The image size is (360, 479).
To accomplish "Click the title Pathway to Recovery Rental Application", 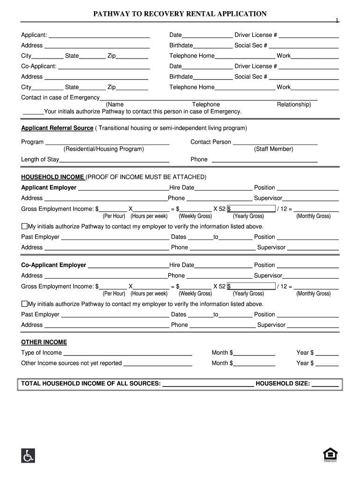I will (x=180, y=14).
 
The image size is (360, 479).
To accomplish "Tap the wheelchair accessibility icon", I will (x=28, y=455).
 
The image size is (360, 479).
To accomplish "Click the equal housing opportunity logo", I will (x=330, y=455).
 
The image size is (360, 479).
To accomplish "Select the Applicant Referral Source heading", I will (x=57, y=128).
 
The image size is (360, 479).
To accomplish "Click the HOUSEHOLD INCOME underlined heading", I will (x=53, y=177).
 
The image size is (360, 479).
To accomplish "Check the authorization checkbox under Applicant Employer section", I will (x=25, y=226).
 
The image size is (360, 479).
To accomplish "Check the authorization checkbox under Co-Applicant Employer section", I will (x=25, y=304).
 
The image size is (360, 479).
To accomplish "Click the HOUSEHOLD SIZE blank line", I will (x=325, y=385).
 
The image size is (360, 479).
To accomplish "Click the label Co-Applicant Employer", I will (x=54, y=265).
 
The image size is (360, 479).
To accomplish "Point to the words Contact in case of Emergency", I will (x=60, y=98).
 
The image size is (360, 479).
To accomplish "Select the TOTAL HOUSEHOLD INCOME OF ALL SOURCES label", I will (x=90, y=384).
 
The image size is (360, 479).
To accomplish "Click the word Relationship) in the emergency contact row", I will (x=294, y=105).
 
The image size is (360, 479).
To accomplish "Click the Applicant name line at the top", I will (x=99, y=36).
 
